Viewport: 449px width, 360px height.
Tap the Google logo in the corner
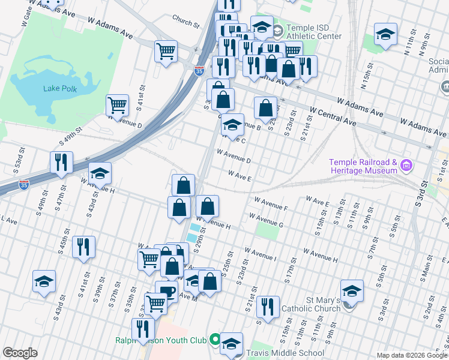[20, 353]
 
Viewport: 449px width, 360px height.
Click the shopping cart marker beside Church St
[166, 50]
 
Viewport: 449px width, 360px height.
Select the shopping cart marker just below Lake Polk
[118, 105]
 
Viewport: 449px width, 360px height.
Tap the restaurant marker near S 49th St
[61, 162]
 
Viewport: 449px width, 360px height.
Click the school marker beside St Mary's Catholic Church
[352, 290]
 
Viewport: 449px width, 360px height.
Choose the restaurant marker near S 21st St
[268, 307]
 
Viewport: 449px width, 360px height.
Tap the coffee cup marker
[166, 292]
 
